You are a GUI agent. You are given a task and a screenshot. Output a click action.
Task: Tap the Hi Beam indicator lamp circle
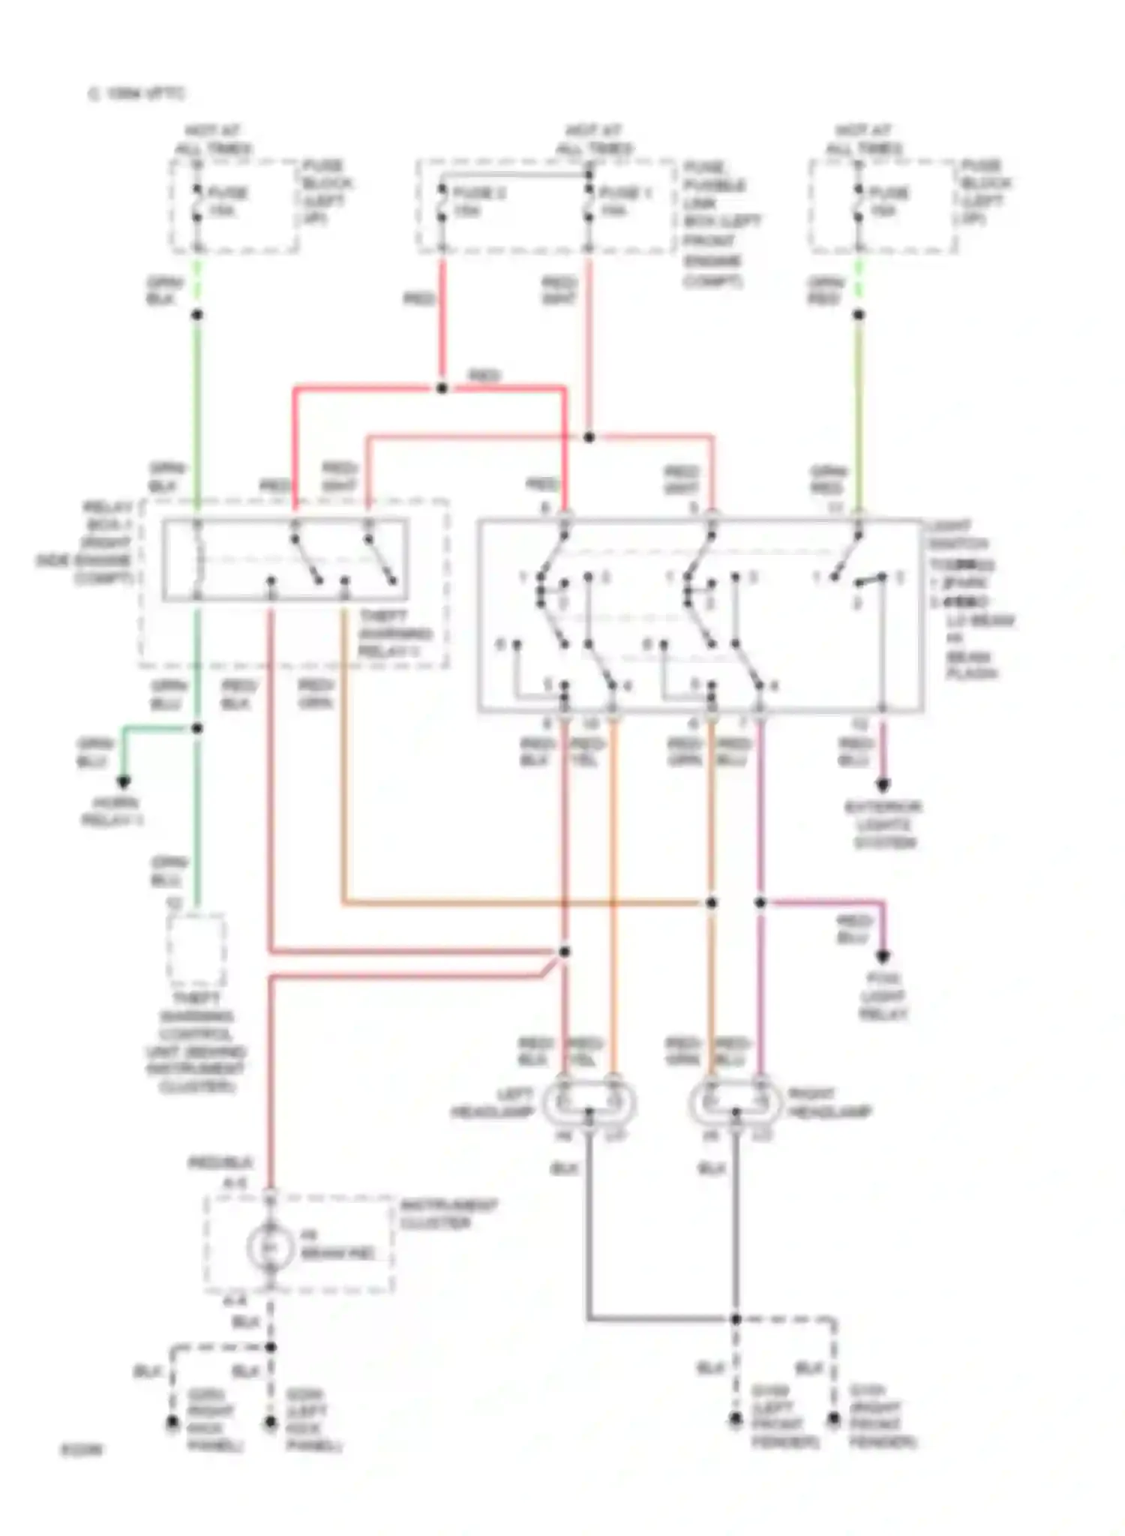tap(270, 1247)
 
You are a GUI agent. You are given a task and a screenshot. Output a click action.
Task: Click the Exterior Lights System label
tap(883, 825)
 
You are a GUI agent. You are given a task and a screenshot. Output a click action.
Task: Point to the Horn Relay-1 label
tap(112, 811)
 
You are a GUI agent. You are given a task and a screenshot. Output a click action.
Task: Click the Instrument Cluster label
tap(448, 1214)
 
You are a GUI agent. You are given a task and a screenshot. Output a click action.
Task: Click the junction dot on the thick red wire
tap(442, 388)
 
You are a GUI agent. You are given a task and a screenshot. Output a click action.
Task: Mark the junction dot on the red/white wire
tap(589, 436)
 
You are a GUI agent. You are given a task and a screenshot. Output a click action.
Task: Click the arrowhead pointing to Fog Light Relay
tap(883, 957)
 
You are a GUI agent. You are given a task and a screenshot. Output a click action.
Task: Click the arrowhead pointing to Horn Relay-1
tap(124, 782)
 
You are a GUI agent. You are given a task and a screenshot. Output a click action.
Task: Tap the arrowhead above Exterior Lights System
tap(883, 786)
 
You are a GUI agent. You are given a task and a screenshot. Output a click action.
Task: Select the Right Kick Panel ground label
tap(213, 1420)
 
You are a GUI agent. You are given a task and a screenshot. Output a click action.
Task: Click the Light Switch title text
tap(957, 534)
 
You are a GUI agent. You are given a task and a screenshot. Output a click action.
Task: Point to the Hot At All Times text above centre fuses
tap(594, 139)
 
